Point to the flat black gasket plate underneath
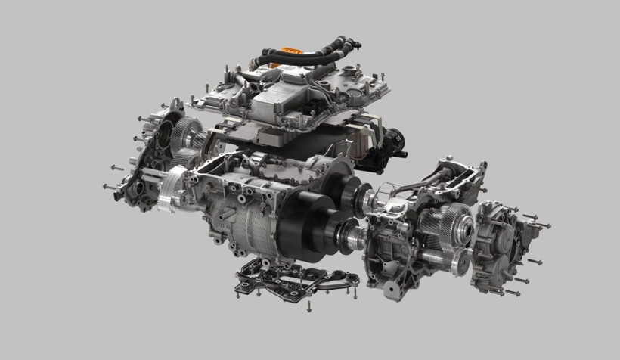click(x=295, y=281)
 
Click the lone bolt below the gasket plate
click(x=310, y=306)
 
